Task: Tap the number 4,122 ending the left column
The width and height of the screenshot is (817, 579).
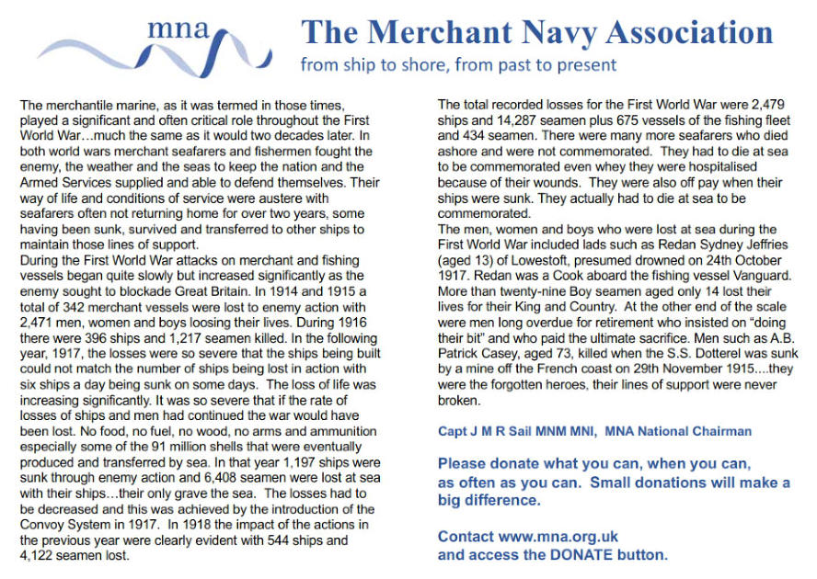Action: pyautogui.click(x=39, y=556)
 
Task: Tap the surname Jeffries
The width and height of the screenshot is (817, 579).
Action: pyautogui.click(x=748, y=245)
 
